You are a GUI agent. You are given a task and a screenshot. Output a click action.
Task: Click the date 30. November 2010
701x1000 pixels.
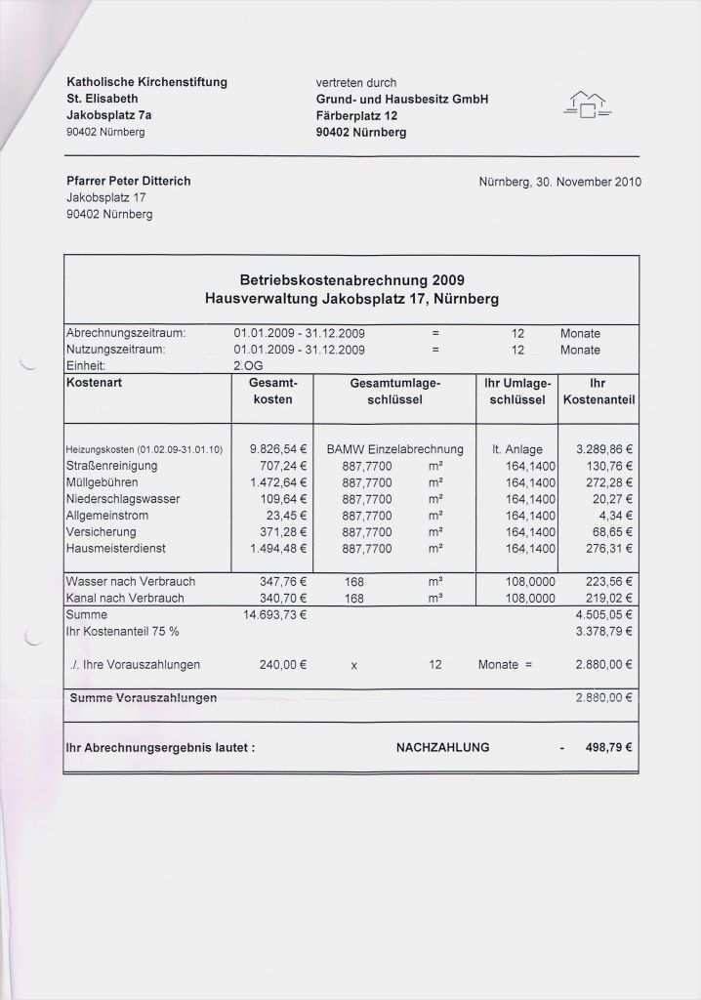560,182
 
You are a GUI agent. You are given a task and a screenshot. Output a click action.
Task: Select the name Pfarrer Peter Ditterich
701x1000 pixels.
128,182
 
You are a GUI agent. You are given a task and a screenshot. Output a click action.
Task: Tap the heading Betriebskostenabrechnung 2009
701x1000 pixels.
351,280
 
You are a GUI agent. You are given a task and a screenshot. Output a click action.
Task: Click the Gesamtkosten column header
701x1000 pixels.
272,392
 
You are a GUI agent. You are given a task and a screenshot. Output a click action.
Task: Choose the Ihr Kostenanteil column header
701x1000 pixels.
598,392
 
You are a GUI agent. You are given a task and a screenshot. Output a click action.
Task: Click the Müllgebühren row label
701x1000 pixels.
102,482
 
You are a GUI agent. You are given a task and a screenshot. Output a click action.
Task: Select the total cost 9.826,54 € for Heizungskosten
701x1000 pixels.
279,449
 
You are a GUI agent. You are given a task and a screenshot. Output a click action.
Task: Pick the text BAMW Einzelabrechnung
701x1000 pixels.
394,449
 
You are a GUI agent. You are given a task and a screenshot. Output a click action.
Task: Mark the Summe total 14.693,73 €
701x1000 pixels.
275,615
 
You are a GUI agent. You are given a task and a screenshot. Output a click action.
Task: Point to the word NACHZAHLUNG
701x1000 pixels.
442,748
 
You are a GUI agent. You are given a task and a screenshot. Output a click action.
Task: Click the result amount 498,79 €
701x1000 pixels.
608,748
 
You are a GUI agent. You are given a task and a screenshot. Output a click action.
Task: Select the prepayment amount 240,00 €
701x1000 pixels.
283,664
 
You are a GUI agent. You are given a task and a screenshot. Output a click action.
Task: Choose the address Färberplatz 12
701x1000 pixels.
356,115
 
